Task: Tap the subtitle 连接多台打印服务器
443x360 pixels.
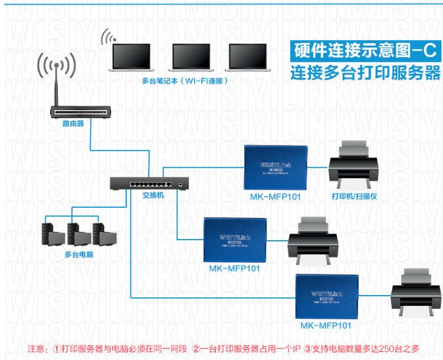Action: click(x=365, y=74)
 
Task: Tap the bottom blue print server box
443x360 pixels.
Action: click(x=328, y=297)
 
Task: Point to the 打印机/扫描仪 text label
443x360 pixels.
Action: click(x=354, y=197)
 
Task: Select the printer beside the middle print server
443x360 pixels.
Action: click(x=312, y=241)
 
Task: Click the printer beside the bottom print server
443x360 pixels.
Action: click(x=415, y=292)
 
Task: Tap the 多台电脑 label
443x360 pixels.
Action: click(x=78, y=255)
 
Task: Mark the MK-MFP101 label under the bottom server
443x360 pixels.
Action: click(x=326, y=325)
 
